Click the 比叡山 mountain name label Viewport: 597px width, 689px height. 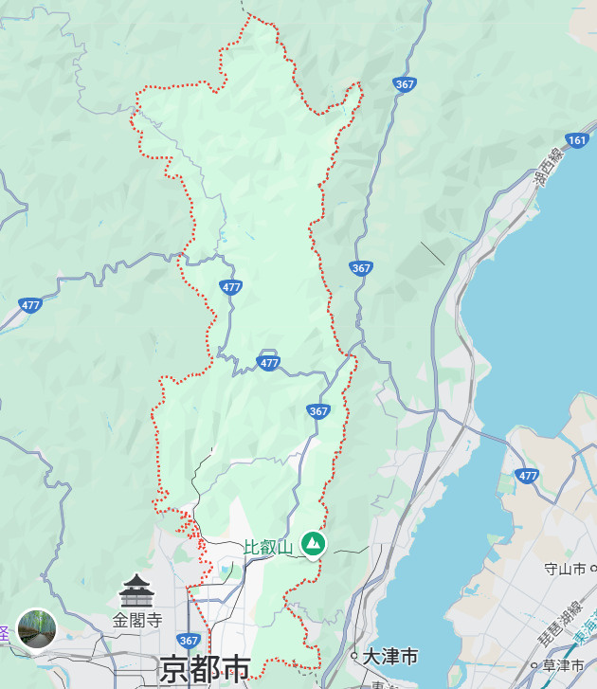click(269, 547)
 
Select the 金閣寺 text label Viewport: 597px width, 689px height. click(137, 620)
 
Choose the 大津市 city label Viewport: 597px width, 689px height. click(390, 656)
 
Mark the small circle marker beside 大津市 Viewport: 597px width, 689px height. click(354, 656)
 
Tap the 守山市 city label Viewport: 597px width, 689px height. click(566, 569)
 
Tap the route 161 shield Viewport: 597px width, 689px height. click(577, 140)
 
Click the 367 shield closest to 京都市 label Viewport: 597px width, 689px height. click(188, 641)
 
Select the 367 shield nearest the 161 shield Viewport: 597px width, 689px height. click(405, 84)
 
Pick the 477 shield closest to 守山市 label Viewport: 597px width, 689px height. click(528, 474)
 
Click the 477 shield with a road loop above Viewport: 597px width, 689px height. click(269, 362)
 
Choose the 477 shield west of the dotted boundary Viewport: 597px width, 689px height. click(29, 305)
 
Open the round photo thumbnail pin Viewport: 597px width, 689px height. click(36, 628)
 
